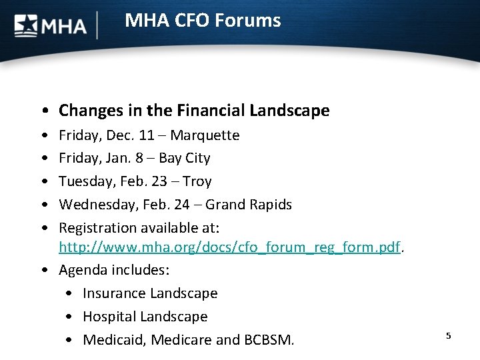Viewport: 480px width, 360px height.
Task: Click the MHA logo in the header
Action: [x=51, y=25]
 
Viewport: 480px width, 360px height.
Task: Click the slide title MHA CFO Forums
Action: [x=203, y=21]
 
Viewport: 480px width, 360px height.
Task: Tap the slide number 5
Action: [x=449, y=335]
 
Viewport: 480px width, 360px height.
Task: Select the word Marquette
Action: [x=205, y=135]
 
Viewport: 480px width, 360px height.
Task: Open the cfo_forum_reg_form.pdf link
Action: [x=229, y=247]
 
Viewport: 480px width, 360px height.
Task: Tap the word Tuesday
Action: [x=83, y=181]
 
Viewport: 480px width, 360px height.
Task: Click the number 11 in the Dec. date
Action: [x=147, y=135]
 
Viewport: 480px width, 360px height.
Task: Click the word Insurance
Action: [x=114, y=293]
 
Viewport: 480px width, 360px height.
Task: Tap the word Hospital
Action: [x=110, y=317]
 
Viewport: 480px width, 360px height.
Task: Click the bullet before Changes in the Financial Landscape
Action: [x=43, y=111]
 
